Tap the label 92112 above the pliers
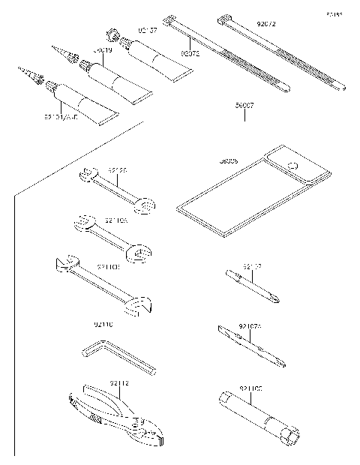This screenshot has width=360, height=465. (x=119, y=383)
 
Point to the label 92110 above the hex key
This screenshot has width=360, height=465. (x=103, y=324)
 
